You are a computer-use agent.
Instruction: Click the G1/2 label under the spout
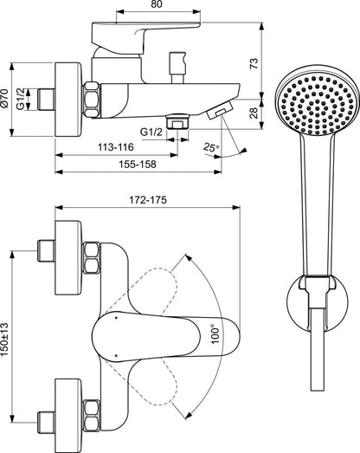[152, 132]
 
